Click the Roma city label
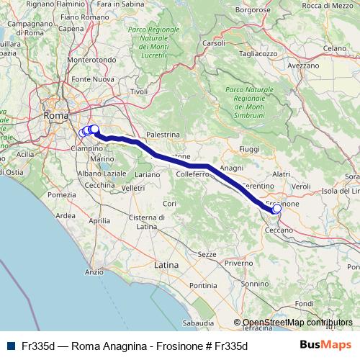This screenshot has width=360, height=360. click(55, 115)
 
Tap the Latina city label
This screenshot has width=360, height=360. click(166, 265)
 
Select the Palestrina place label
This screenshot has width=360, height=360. click(162, 135)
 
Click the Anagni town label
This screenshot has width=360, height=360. click(232, 168)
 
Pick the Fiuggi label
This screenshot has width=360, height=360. click(248, 149)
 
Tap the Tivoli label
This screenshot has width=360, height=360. click(138, 91)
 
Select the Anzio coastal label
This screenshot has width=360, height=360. click(94, 272)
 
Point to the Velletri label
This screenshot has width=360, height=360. click(133, 188)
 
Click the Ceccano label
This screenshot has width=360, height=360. click(279, 230)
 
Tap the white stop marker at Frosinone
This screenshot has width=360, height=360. click(277, 209)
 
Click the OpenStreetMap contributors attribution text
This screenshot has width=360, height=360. click(297, 323)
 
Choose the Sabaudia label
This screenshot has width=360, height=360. click(199, 323)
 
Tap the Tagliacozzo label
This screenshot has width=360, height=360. click(259, 54)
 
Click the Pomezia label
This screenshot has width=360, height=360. click(61, 195)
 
